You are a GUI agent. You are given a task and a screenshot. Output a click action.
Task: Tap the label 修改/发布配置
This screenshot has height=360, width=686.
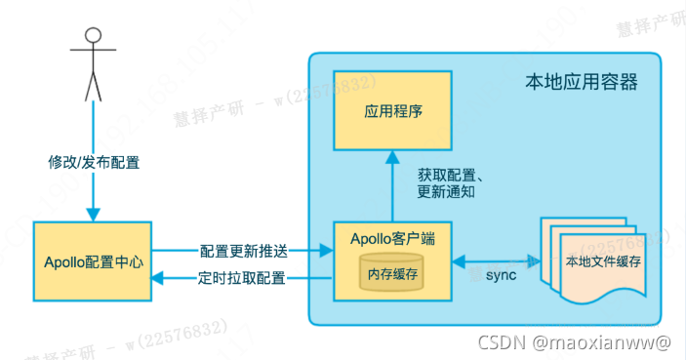tap(93, 159)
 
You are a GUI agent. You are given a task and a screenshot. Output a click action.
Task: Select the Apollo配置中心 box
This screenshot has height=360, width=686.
tap(93, 261)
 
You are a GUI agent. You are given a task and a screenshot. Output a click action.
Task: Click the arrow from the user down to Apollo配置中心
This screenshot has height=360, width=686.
tap(93, 195)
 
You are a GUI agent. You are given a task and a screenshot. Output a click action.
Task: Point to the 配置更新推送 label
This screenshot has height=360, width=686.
tap(242, 251)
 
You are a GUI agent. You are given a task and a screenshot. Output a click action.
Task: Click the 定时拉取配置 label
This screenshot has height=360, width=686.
tap(242, 278)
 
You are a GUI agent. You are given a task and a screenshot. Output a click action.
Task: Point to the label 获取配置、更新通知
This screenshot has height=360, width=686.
tap(453, 183)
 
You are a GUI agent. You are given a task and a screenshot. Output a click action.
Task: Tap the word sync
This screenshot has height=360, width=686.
tap(501, 276)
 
